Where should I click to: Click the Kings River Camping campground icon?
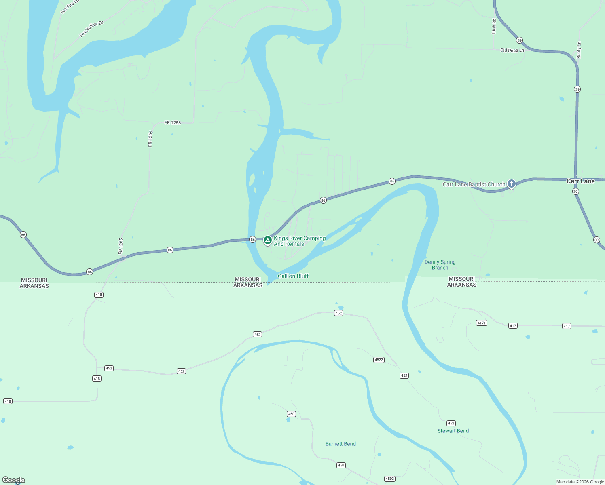267,240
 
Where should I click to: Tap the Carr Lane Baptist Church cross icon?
512,184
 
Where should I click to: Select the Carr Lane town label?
580,181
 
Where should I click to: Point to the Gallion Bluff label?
293,276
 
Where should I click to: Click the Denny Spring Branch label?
440,265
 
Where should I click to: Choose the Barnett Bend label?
341,444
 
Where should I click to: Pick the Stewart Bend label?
453,431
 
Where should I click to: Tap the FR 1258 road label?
173,123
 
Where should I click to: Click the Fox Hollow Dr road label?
91,29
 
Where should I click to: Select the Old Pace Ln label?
512,51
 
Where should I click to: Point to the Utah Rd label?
494,26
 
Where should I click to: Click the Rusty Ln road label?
579,50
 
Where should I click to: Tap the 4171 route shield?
481,323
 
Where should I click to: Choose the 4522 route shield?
379,360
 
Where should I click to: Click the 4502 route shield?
389,479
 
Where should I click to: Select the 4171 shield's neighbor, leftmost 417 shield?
513,326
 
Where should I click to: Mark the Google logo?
14,480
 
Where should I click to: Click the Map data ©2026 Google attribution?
580,482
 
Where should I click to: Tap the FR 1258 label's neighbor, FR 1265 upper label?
150,138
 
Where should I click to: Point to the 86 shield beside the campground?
252,240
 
